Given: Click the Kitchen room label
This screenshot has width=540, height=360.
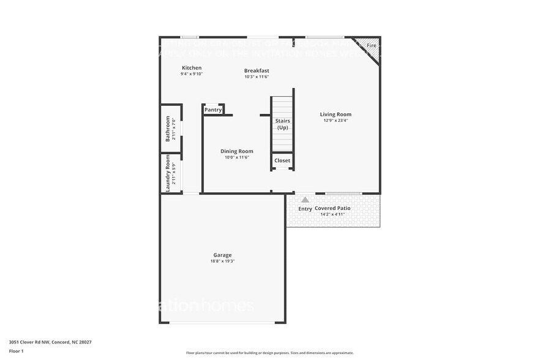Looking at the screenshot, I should click(x=192, y=68).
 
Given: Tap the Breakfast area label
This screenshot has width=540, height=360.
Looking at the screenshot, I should click(x=257, y=70).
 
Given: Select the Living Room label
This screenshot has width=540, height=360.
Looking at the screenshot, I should click(x=336, y=114).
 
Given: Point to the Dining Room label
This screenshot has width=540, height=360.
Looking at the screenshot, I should click(x=236, y=151).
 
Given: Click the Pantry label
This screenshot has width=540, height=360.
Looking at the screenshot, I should click(x=213, y=110).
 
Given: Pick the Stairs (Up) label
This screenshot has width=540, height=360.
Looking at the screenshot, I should click(x=282, y=124).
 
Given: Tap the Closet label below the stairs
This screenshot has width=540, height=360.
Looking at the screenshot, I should click(x=282, y=160).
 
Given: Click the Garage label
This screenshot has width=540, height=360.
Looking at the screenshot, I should click(x=222, y=255).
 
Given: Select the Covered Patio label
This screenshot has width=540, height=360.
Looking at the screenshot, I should click(x=333, y=208).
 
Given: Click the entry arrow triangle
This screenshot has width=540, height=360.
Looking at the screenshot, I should click(x=305, y=199).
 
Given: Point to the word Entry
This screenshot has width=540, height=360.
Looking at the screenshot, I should click(x=305, y=209).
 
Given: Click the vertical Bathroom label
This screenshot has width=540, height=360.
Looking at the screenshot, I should click(x=168, y=129).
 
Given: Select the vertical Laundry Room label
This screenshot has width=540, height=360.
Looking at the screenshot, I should click(x=168, y=173).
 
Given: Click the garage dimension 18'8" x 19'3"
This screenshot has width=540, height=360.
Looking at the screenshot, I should click(x=222, y=261).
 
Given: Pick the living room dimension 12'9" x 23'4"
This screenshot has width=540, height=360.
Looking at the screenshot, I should click(x=336, y=121).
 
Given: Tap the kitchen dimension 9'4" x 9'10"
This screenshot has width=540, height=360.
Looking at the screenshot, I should click(x=192, y=74).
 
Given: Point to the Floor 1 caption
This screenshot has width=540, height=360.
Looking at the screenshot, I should click(x=16, y=351).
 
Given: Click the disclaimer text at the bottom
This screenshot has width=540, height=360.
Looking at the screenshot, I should click(x=269, y=353).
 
